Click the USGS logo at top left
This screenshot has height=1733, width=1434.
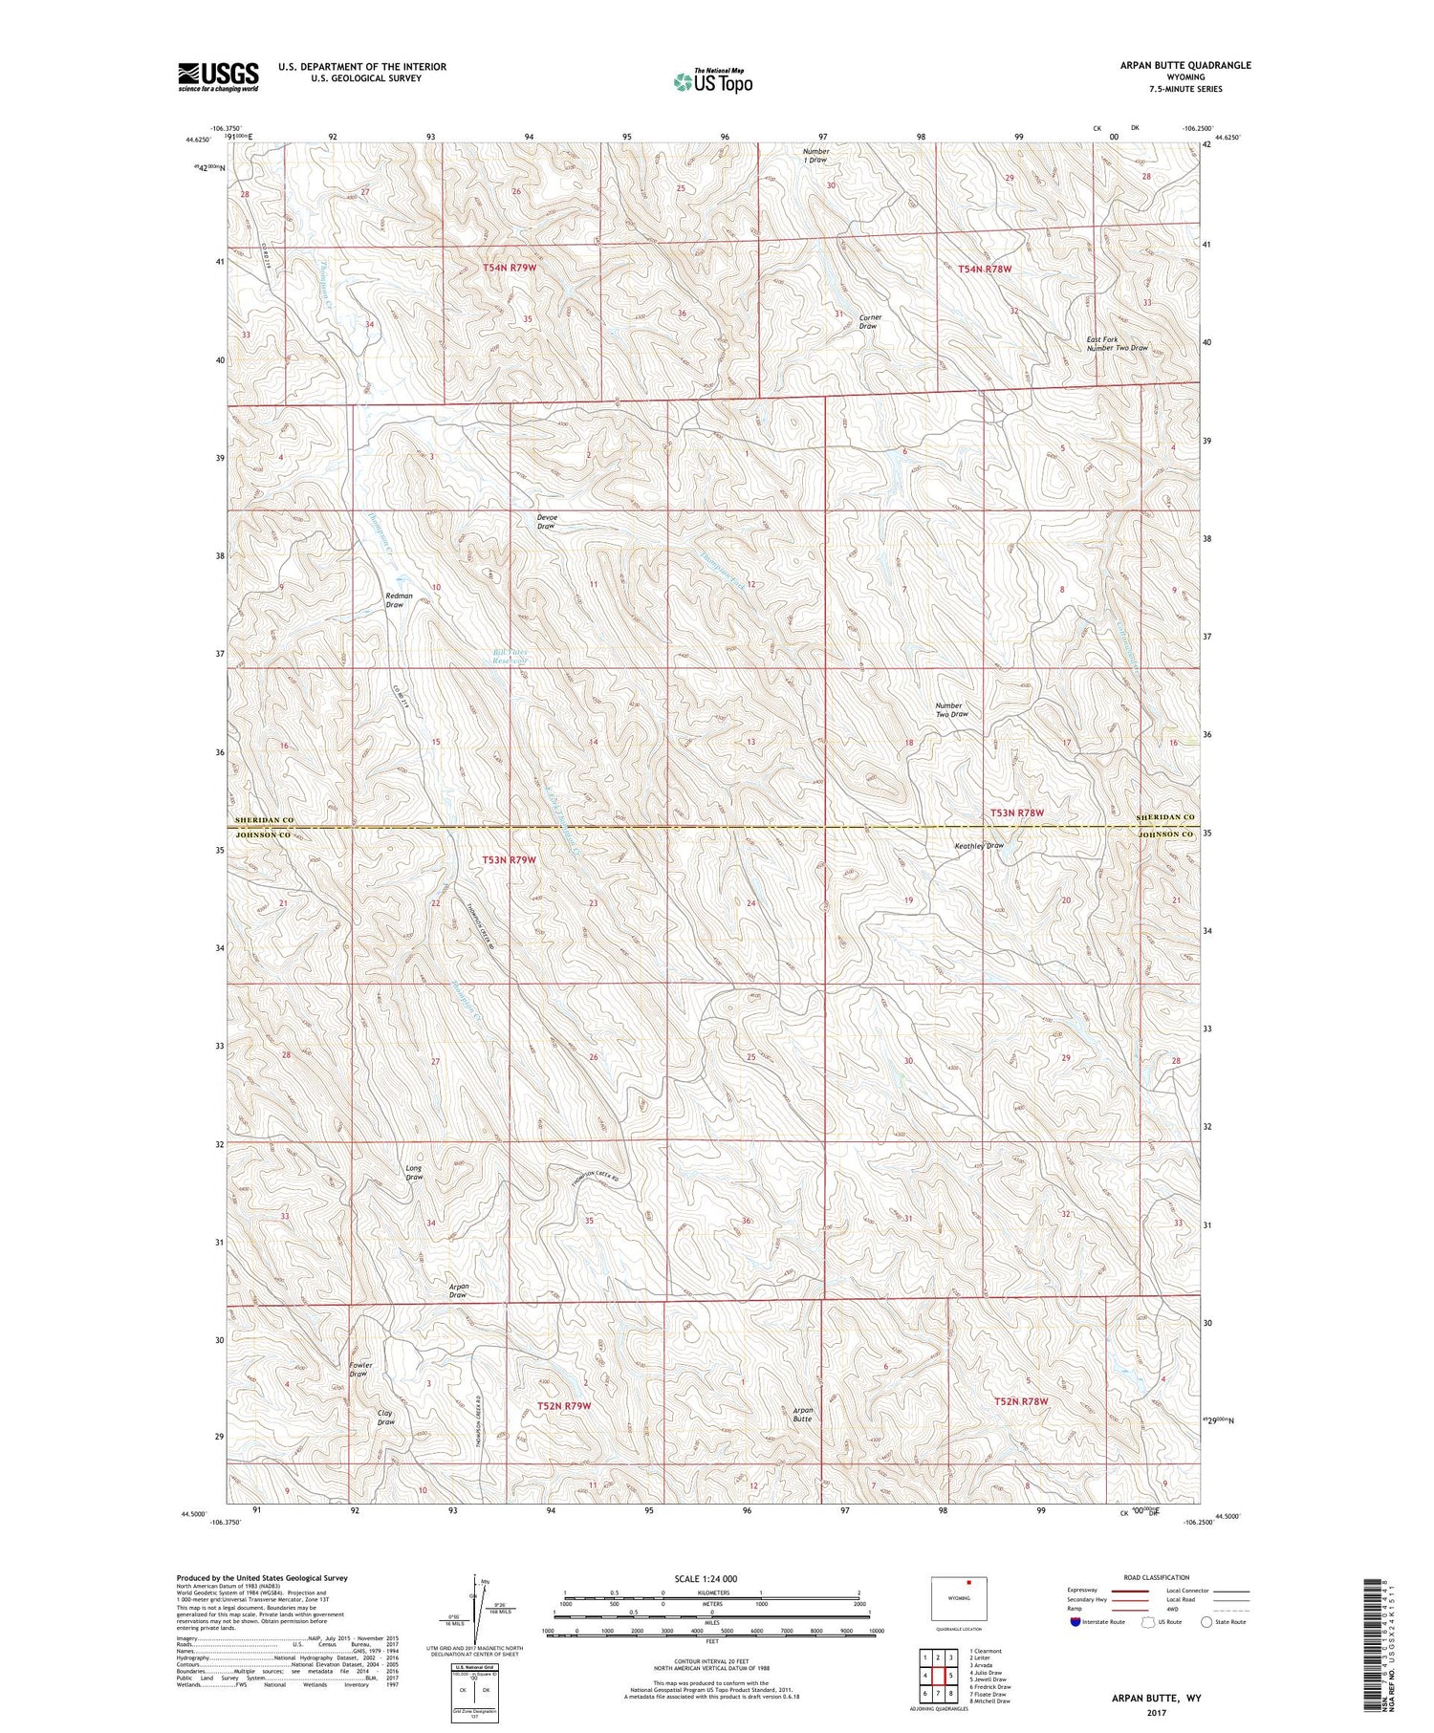click(x=218, y=76)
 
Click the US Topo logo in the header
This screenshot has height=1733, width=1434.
click(x=713, y=81)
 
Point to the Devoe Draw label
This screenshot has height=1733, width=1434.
click(x=547, y=522)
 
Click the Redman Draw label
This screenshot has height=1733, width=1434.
click(x=399, y=599)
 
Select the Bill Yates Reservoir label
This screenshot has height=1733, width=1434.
click(x=510, y=656)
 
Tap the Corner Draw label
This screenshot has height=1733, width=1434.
click(x=869, y=321)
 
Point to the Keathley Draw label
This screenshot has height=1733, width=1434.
click(x=979, y=846)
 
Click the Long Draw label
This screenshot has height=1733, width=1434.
click(x=414, y=1172)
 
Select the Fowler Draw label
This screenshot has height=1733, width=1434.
click(x=360, y=1369)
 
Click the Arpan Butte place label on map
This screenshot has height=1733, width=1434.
click(x=802, y=1415)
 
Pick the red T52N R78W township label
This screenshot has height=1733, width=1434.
click(x=1021, y=1401)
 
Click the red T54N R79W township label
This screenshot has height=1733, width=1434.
click(x=509, y=269)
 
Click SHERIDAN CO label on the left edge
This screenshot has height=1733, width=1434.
click(x=261, y=820)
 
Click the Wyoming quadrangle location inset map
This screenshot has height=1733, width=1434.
click(x=959, y=1599)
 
